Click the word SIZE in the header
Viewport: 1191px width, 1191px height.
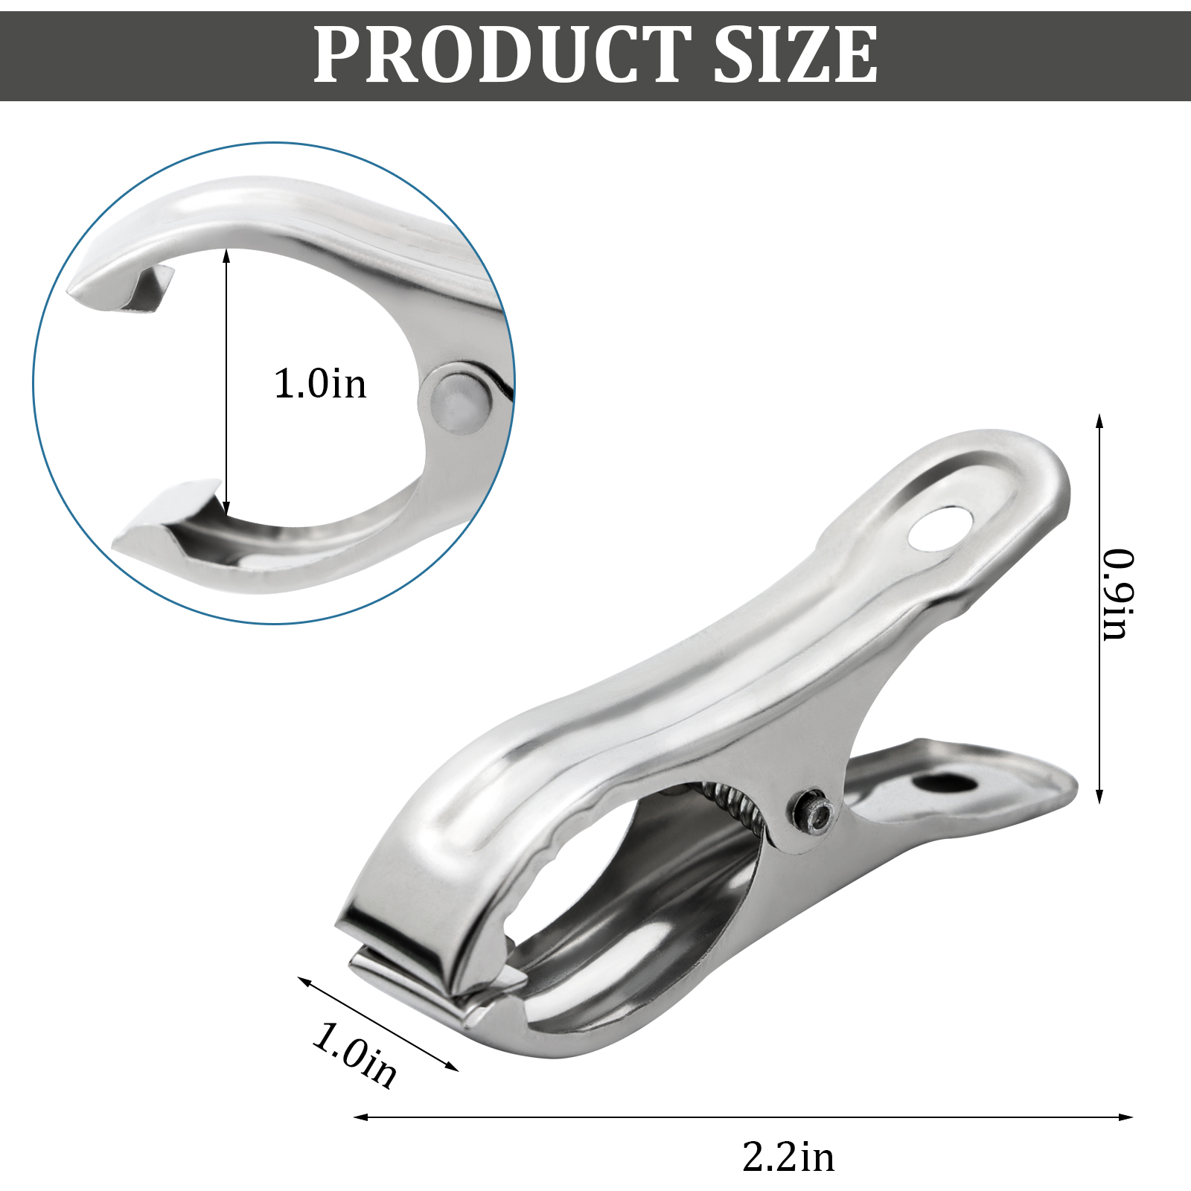pyautogui.click(x=796, y=55)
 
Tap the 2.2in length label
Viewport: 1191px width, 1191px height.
pyautogui.click(x=788, y=1157)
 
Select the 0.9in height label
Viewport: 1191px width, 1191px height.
pyautogui.click(x=1118, y=594)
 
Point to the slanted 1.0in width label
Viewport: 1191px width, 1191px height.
pyautogui.click(x=354, y=1055)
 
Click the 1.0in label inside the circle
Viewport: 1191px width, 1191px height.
pyautogui.click(x=320, y=384)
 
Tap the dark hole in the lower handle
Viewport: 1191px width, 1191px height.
pyautogui.click(x=945, y=783)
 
